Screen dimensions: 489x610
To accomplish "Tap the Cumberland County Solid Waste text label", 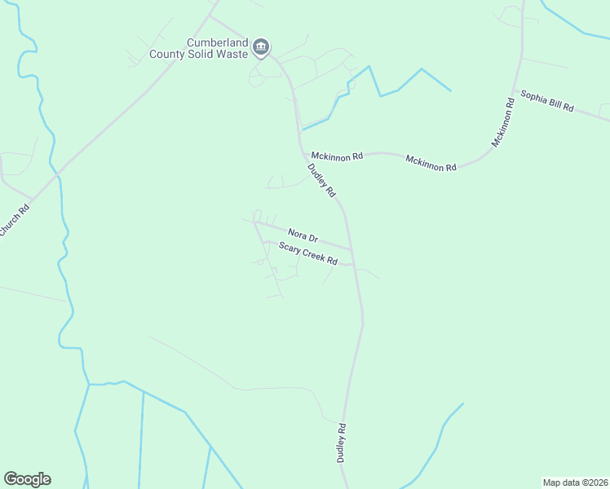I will pos(200,48).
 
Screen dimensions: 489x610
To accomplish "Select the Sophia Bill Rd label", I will pos(547,101).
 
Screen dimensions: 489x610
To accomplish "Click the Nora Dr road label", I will pos(302,236).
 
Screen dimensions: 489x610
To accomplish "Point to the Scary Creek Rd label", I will pos(308,254).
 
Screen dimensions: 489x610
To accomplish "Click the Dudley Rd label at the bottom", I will pos(342,443).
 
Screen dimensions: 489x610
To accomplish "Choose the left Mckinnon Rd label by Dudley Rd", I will pos(336,154).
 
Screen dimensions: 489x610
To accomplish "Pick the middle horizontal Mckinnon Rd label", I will pos(431,162).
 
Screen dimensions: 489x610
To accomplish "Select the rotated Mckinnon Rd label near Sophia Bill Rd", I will pos(504,122).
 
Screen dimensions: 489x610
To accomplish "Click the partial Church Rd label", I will pos(15,221).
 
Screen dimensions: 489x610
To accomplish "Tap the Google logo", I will pos(27,479).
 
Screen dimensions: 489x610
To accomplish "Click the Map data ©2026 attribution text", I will pos(575,482).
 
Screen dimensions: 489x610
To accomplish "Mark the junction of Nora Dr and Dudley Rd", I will pos(351,249).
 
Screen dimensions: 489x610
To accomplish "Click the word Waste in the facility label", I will pos(227,55).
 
